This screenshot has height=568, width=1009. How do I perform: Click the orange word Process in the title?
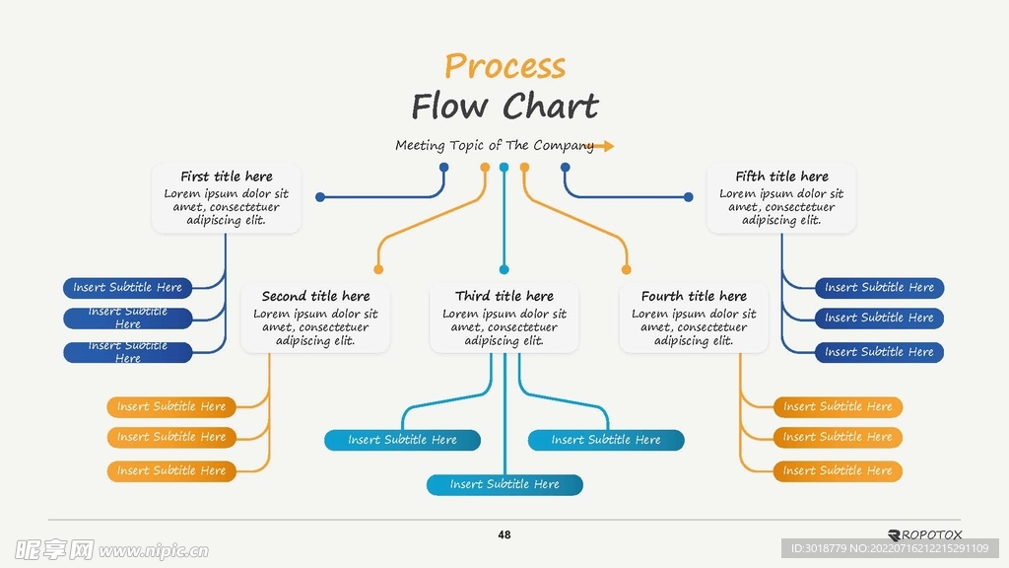504,66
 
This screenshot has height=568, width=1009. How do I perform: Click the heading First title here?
227,177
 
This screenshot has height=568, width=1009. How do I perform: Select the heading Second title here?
315,296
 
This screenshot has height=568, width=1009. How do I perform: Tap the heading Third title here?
504,296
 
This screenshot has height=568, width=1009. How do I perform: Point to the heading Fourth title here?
694,296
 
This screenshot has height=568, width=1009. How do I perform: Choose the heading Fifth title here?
781,177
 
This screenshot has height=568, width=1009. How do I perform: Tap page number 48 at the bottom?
504,534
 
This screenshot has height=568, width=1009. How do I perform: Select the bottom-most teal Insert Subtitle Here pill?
504,484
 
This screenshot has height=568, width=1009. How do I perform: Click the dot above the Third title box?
504,269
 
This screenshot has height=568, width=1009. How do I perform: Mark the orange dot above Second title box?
378,269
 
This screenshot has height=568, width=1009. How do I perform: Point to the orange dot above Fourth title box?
627,269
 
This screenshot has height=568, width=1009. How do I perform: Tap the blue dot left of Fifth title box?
688,197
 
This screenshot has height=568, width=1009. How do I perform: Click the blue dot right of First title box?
320,197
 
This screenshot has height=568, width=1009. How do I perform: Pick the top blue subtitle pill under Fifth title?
879,288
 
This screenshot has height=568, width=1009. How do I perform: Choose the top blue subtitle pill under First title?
128,288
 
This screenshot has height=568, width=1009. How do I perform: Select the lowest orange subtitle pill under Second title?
171,470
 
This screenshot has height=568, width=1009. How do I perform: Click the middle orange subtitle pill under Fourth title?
838,437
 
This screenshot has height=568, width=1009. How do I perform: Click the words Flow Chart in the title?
504,106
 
